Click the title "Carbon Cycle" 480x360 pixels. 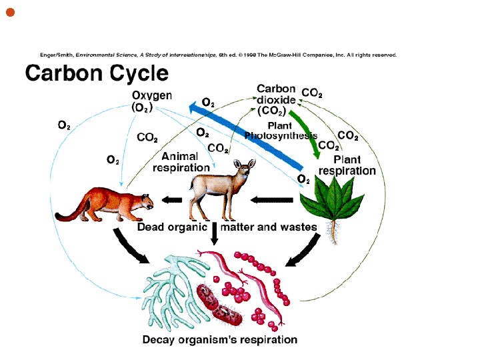point(97,73)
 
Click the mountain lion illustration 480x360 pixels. point(107,203)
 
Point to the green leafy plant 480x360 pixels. point(333,200)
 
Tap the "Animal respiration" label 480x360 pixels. point(181,162)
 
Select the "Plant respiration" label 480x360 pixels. point(347,165)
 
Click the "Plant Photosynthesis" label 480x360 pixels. point(280,131)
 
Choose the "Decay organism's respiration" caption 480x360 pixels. point(220,340)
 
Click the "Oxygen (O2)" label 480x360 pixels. point(152,101)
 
